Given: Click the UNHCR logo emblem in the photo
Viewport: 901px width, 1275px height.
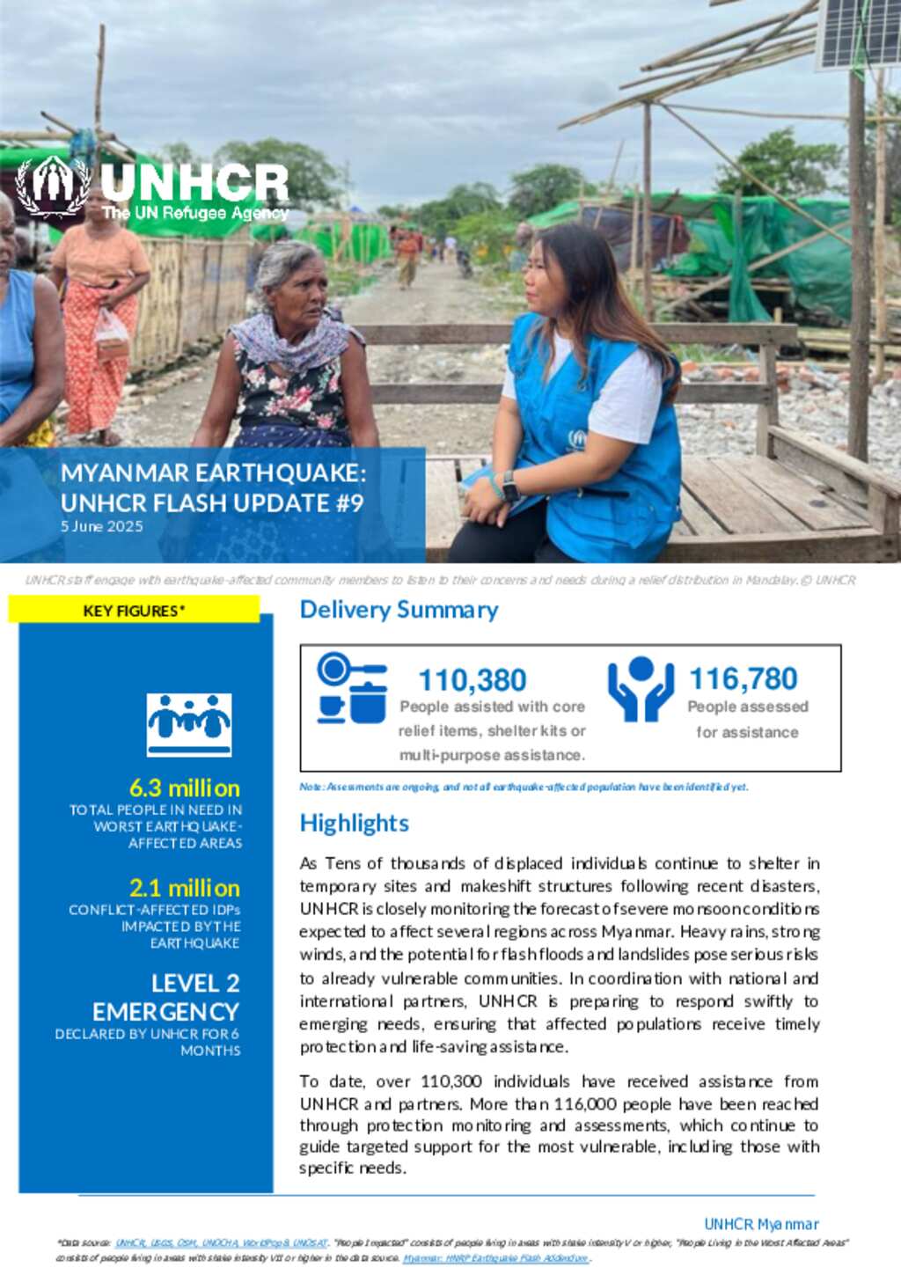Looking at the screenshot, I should [x=54, y=187].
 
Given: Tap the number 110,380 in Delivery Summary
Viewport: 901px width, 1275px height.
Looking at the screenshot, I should [x=472, y=680].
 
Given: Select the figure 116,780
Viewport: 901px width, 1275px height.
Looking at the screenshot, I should [x=743, y=678].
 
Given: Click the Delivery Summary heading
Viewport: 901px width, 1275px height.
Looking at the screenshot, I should [x=399, y=610].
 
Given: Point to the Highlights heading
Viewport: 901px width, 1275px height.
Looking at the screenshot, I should [x=354, y=823].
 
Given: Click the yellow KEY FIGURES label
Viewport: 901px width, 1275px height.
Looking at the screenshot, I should [x=134, y=611].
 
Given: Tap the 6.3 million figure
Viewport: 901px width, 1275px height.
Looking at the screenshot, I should [x=184, y=788].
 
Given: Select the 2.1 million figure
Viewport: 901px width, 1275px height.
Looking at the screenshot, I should [x=184, y=887].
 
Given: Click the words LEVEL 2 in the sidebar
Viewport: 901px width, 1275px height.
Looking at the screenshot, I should [x=194, y=983].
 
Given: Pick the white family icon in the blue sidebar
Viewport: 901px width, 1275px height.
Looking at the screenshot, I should [x=189, y=724].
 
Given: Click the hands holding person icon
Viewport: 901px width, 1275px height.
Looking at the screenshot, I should [x=641, y=689].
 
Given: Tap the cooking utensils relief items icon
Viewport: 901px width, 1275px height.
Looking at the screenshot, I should [x=352, y=688].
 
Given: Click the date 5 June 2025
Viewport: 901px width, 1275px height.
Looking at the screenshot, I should [x=101, y=526].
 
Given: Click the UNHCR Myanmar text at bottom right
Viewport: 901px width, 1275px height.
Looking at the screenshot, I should [x=761, y=1224].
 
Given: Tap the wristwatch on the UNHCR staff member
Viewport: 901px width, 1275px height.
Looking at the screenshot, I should [x=509, y=487].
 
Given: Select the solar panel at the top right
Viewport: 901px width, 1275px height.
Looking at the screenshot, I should [x=858, y=33].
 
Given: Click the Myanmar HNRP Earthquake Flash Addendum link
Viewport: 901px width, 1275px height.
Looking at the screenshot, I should [x=495, y=1258].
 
